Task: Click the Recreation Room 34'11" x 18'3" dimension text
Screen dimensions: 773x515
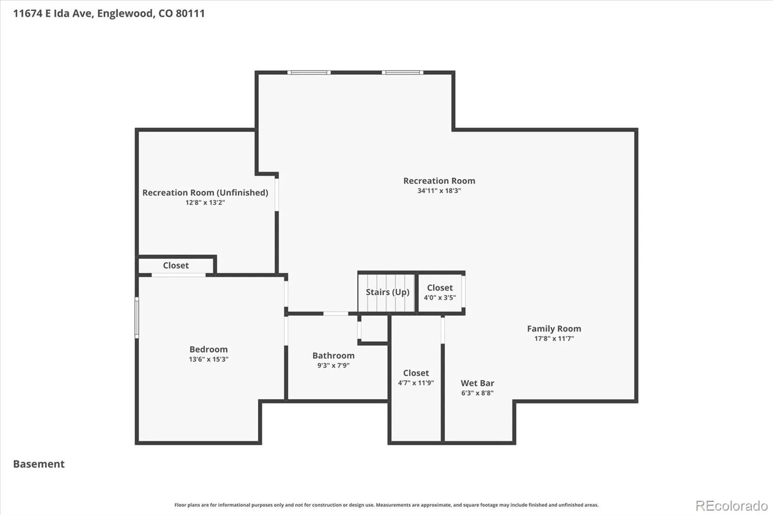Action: point(439,190)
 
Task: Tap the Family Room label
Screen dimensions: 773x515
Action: point(554,329)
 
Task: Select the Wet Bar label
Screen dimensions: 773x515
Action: point(477,383)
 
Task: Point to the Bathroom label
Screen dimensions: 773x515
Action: point(333,356)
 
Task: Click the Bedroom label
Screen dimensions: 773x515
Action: point(208,349)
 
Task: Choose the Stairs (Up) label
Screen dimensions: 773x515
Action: point(387,292)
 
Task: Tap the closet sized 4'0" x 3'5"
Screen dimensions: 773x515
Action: point(440,292)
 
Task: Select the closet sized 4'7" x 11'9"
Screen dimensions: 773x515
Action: point(416,378)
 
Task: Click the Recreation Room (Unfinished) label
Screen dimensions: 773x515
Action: point(205,193)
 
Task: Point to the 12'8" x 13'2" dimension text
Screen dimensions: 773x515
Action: point(205,202)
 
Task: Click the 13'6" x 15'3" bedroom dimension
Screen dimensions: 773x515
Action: point(208,359)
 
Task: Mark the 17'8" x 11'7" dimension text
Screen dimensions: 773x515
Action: point(554,339)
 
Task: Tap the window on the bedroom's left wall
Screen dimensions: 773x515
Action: point(137,317)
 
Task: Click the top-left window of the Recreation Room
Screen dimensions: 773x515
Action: point(309,72)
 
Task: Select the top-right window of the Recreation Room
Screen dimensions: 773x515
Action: point(402,72)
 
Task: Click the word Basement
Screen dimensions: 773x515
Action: point(39,464)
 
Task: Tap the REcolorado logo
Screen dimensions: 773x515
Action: point(731,506)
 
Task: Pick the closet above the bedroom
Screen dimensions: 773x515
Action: point(176,265)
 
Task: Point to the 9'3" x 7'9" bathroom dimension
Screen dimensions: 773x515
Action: point(333,366)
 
